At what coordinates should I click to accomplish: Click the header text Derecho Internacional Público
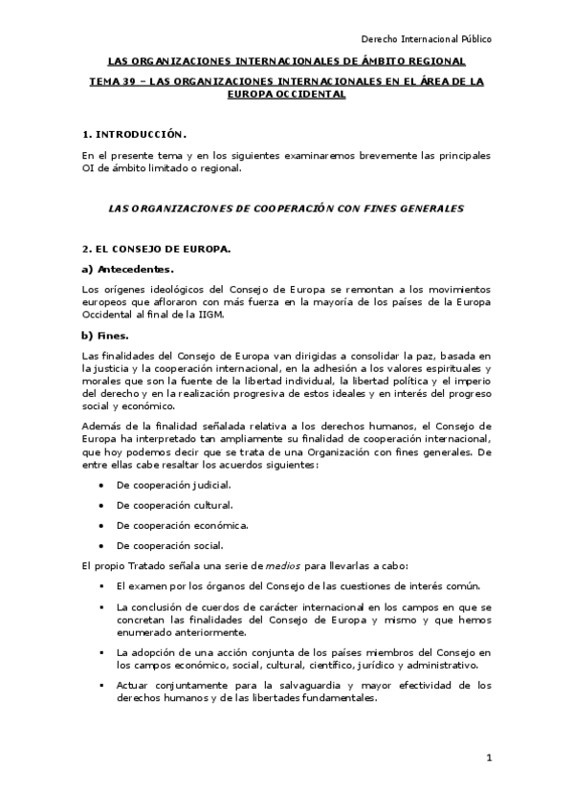(426, 39)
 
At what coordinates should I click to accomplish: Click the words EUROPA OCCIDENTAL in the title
(287, 95)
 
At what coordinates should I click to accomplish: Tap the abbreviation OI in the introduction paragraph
(89, 169)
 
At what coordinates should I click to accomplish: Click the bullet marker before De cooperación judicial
(100, 486)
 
